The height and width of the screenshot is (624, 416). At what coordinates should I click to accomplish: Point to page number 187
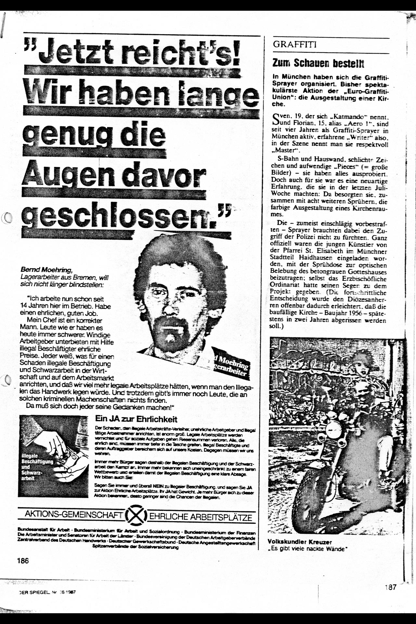point(390,587)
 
